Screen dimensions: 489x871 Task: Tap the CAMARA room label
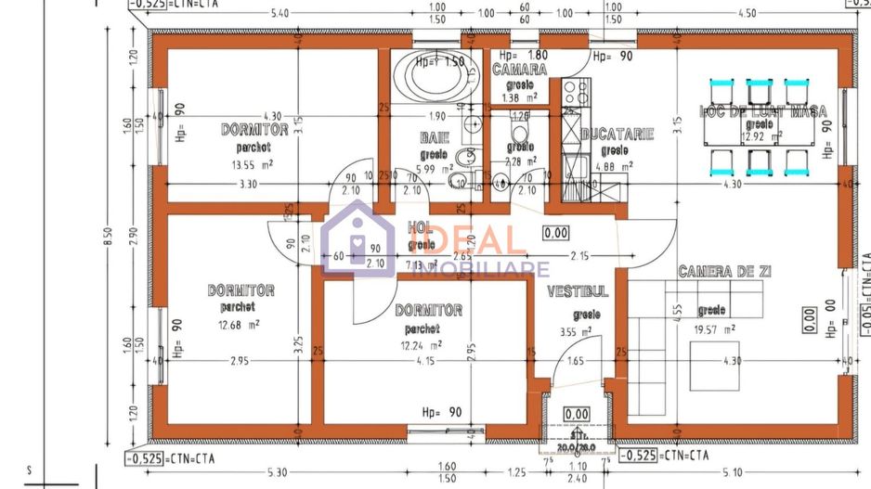(519, 70)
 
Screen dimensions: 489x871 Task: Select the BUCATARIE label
(617, 135)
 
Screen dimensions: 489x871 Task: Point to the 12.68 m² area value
(239, 324)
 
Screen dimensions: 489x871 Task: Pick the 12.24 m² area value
(421, 344)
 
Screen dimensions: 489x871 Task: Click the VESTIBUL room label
(578, 291)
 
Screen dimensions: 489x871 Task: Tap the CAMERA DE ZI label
(725, 272)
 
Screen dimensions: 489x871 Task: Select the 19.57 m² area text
(716, 328)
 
